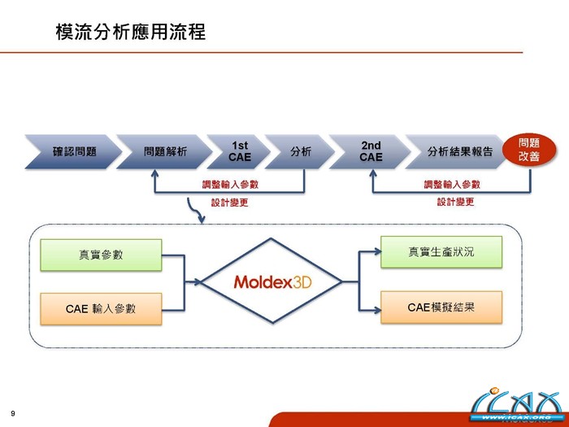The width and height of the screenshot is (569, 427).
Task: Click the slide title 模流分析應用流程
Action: click(131, 32)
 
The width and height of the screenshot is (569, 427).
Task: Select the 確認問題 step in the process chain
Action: click(74, 151)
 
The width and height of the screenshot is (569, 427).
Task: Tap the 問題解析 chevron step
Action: click(165, 151)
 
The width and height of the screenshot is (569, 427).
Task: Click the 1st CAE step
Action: click(240, 151)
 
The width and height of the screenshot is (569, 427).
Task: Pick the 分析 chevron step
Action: click(300, 151)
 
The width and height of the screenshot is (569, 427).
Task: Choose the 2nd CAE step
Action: click(371, 151)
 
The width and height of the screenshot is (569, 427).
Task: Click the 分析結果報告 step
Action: click(459, 151)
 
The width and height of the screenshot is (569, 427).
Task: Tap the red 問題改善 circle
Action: click(528, 150)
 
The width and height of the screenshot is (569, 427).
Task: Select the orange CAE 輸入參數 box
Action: click(102, 308)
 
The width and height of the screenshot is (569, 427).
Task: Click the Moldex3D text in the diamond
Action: click(272, 282)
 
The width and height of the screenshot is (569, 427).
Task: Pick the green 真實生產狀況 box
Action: click(441, 252)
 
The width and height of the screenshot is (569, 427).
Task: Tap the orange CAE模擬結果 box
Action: click(441, 307)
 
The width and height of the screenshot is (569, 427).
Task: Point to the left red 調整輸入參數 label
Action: click(230, 185)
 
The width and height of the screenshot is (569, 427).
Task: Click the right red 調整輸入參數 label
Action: click(452, 185)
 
